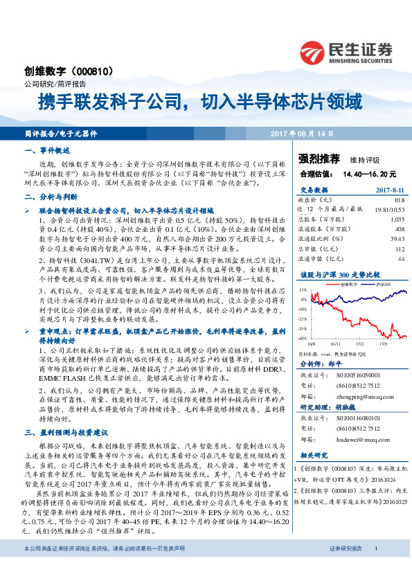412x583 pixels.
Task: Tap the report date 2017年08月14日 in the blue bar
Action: pyautogui.click(x=300, y=133)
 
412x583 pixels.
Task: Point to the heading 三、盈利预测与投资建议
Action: pyautogui.click(x=62, y=432)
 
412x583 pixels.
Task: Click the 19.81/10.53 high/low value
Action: pyautogui.click(x=389, y=208)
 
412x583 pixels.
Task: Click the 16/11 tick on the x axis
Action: pyautogui.click(x=334, y=343)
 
